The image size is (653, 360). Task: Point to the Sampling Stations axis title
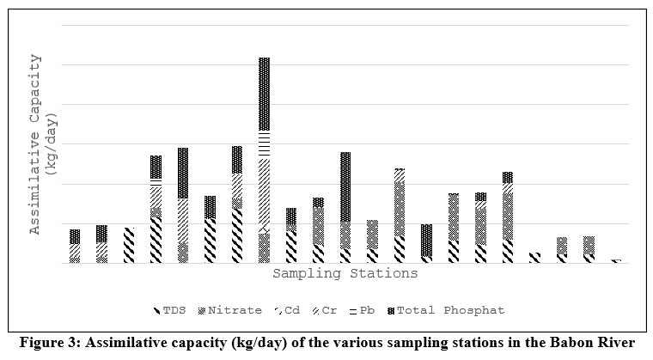(345, 274)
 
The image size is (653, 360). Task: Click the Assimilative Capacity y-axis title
(36, 144)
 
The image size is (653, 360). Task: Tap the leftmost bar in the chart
(75, 247)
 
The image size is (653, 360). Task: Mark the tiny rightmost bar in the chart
(615, 260)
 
